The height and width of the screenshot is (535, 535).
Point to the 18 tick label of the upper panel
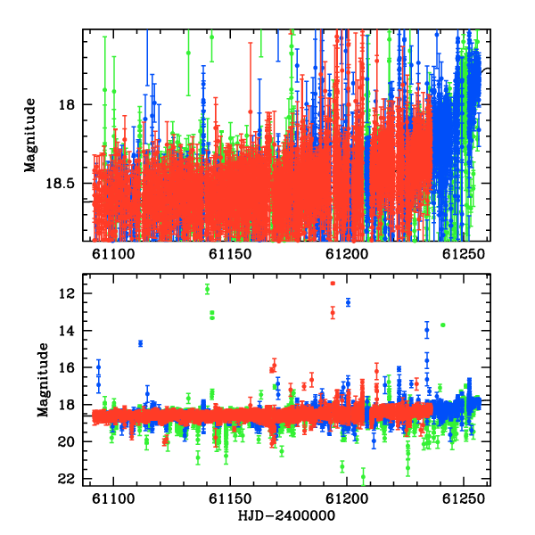pos(68,104)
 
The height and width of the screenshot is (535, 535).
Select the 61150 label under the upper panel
pos(230,254)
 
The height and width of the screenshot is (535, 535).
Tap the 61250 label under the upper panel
pos(464,254)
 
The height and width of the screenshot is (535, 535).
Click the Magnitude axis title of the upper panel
pos(29,136)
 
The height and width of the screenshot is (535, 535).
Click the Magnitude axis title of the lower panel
pos(43,380)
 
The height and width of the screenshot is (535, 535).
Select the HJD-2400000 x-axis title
pos(286,515)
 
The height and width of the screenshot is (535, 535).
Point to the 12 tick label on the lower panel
pos(67,293)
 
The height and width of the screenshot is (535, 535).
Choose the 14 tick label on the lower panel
pos(67,331)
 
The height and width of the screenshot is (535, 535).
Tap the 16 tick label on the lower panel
pos(67,367)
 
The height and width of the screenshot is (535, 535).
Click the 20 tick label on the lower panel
pos(67,442)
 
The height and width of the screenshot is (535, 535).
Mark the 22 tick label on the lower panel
pos(67,479)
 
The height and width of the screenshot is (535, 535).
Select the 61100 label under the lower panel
pos(113,498)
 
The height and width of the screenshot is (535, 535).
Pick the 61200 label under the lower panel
pos(347,498)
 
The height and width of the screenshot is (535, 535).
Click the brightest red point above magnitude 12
pos(333,284)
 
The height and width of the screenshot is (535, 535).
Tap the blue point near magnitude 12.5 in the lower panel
pos(348,302)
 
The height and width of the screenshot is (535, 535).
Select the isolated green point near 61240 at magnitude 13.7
pos(443,325)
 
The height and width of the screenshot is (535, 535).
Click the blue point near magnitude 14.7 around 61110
pos(140,343)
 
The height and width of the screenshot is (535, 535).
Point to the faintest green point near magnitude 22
pos(363,477)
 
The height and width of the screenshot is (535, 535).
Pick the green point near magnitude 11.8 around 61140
pos(207,289)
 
